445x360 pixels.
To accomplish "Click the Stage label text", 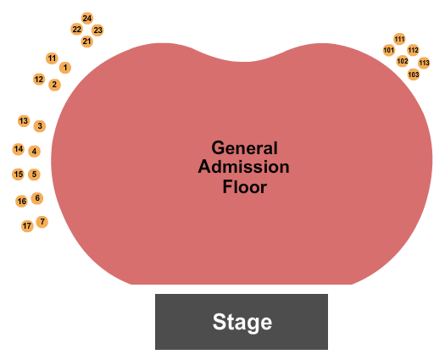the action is (x=242, y=322).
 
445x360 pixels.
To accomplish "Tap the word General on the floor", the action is (x=244, y=147).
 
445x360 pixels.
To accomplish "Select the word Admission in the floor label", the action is (x=243, y=167).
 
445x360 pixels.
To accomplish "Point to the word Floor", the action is (x=245, y=186).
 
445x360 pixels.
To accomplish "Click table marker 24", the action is (x=87, y=19).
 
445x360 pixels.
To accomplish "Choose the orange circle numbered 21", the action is (x=86, y=42).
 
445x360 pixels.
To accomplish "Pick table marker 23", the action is (x=97, y=30).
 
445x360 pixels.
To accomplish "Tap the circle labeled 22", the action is (x=76, y=29).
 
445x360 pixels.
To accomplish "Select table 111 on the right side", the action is (x=399, y=39).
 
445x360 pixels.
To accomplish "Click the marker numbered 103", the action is (x=414, y=75).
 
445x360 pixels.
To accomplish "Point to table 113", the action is (x=424, y=63).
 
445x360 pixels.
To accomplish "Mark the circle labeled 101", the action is (x=389, y=51).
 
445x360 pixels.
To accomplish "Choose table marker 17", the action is (x=27, y=226).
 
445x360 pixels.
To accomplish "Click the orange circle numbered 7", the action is (x=42, y=222).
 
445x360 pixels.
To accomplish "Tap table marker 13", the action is (x=24, y=121).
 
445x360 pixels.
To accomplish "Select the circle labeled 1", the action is (x=65, y=68).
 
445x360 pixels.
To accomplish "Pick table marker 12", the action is (x=39, y=79).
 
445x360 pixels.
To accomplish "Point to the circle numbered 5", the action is (x=34, y=174).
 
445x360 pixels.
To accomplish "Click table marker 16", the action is (x=21, y=202).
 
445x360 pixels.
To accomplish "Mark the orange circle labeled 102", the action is (x=402, y=61).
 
